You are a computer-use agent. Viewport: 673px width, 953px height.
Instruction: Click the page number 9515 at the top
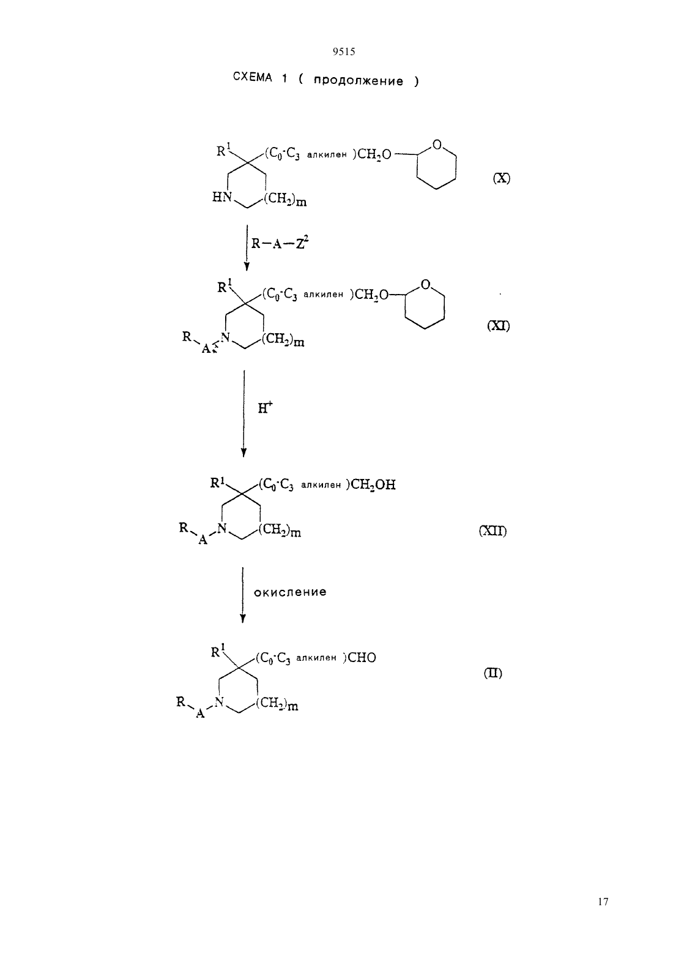[344, 51]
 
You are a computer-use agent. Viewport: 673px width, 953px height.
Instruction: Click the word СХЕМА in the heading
[252, 77]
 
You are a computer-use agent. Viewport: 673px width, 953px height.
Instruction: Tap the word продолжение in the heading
[358, 81]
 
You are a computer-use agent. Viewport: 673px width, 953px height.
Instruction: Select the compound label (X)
[501, 178]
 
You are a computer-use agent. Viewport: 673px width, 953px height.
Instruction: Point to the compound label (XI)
[498, 326]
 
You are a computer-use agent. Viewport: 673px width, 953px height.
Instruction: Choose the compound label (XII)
[493, 531]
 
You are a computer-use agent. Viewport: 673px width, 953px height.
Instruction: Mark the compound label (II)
[493, 673]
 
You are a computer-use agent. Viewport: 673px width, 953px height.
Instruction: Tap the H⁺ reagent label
[265, 407]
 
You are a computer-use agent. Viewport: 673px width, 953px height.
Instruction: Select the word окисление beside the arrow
[290, 592]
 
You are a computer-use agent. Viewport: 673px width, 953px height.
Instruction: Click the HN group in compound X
[222, 197]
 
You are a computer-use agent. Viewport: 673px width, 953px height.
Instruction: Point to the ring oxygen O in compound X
[437, 145]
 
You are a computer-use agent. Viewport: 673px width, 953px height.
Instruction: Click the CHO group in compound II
[362, 658]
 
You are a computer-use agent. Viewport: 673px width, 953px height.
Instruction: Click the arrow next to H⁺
[244, 413]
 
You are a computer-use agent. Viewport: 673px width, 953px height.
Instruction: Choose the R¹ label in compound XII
[217, 483]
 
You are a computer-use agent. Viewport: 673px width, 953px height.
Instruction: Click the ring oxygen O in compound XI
[425, 285]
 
